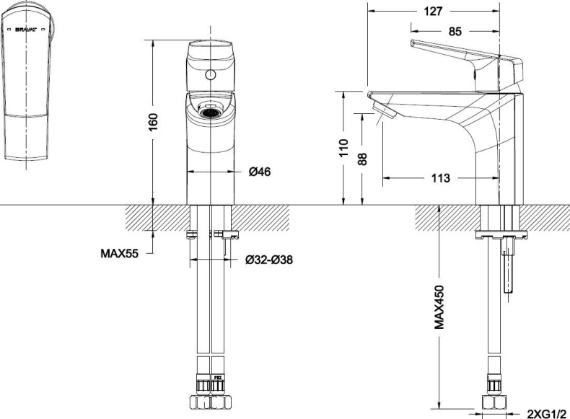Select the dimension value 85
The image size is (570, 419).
(455, 31)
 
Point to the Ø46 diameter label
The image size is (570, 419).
(260, 172)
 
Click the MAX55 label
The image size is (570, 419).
(119, 254)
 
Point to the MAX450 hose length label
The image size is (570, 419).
(439, 306)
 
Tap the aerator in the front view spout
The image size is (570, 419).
(209, 112)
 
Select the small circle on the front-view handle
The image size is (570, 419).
(210, 74)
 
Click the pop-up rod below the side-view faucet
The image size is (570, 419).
(511, 267)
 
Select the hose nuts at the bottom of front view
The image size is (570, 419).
(209, 402)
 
